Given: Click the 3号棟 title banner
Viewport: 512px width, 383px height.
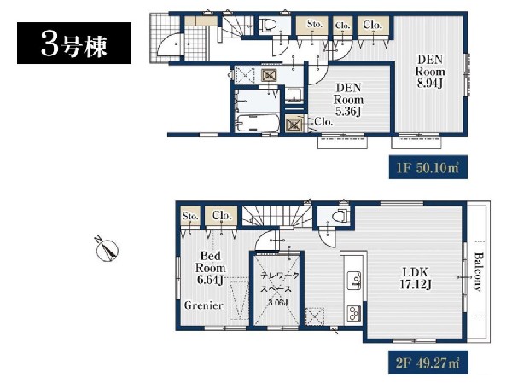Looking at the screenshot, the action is pyautogui.click(x=74, y=44).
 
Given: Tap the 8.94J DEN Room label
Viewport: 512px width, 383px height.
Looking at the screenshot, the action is pyautogui.click(x=430, y=72).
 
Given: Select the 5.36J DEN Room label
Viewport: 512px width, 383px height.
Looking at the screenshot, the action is pyautogui.click(x=348, y=100).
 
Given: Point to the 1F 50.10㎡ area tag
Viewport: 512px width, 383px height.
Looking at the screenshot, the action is pyautogui.click(x=428, y=167).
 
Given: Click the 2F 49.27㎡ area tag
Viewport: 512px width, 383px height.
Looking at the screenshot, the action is pyautogui.click(x=428, y=363).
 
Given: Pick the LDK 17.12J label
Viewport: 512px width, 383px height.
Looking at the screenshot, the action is pyautogui.click(x=416, y=278).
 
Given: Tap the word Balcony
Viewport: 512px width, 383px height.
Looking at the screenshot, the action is pyautogui.click(x=478, y=271).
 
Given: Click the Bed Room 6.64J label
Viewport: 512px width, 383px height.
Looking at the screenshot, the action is pyautogui.click(x=210, y=268).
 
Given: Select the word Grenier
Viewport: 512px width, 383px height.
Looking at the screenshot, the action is pyautogui.click(x=204, y=305).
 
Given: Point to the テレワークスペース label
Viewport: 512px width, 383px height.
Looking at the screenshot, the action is pyautogui.click(x=280, y=282).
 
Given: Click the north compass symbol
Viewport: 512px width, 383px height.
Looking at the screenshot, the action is pyautogui.click(x=108, y=250).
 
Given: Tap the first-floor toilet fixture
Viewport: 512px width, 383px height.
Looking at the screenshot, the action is pyautogui.click(x=268, y=25).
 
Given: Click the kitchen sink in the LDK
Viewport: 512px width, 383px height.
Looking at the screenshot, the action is pyautogui.click(x=354, y=280).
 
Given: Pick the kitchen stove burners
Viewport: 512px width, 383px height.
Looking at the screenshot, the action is pyautogui.click(x=354, y=313).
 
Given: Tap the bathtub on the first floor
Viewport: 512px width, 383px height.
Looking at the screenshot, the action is pyautogui.click(x=257, y=124).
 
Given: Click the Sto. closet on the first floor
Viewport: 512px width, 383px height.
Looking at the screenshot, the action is pyautogui.click(x=313, y=26).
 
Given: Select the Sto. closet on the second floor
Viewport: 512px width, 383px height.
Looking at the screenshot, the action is pyautogui.click(x=190, y=216).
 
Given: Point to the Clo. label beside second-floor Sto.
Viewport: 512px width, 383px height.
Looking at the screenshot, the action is pyautogui.click(x=222, y=216).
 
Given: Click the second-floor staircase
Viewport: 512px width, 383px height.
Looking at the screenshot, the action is pyautogui.click(x=276, y=216).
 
